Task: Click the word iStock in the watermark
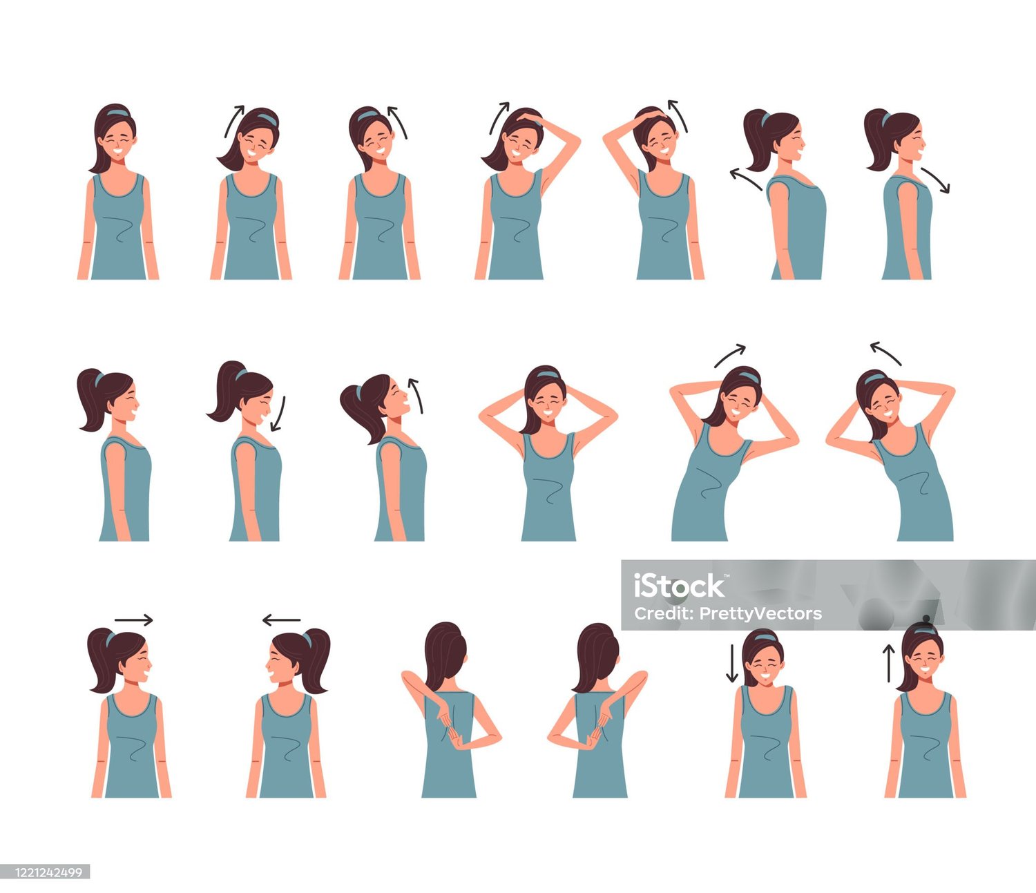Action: click(x=679, y=586)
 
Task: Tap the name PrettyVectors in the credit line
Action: click(x=760, y=613)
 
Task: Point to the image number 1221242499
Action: click(x=48, y=872)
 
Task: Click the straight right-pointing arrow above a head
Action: click(x=133, y=620)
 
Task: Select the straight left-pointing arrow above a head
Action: click(x=281, y=620)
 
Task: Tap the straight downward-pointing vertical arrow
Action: click(x=732, y=664)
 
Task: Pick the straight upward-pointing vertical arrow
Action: click(x=889, y=663)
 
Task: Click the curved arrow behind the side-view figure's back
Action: click(x=745, y=178)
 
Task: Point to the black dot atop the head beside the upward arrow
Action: click(x=925, y=618)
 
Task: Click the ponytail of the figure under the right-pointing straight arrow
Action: click(x=102, y=660)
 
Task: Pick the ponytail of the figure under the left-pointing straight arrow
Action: click(x=316, y=660)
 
